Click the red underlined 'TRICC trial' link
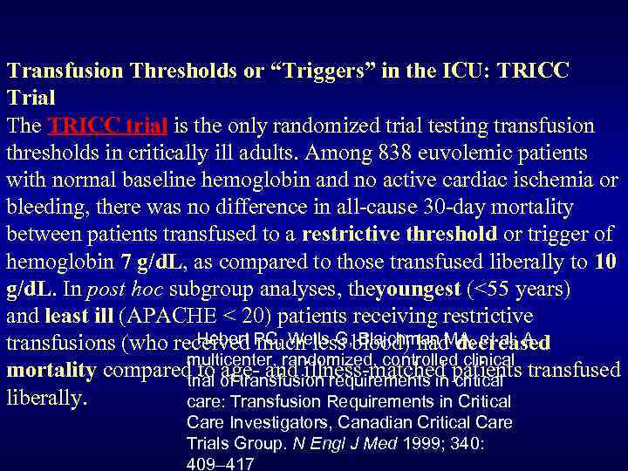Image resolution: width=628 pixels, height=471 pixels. tap(110, 126)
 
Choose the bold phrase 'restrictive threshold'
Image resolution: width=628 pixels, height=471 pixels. tap(399, 234)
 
